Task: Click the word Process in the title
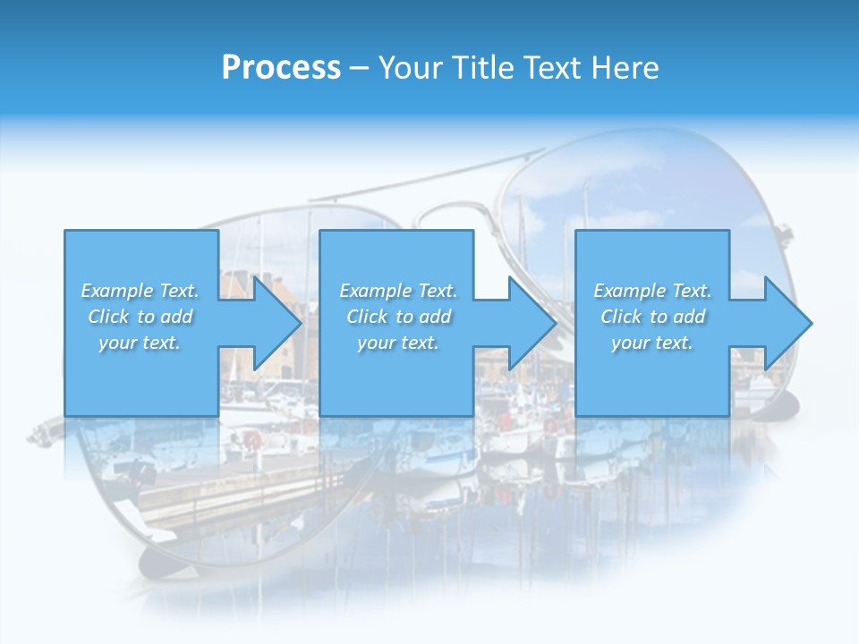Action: (x=281, y=68)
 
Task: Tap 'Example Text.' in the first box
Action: (x=140, y=291)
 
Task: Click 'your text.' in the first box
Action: (x=140, y=343)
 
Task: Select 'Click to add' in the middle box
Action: (x=398, y=317)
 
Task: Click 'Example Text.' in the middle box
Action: (x=398, y=291)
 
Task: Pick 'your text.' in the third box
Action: (x=652, y=343)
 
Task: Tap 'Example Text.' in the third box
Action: (x=652, y=291)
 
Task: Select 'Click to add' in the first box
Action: (x=140, y=317)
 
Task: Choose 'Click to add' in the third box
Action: (x=652, y=317)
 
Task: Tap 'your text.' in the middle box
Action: (x=398, y=343)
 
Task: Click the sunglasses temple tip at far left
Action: (x=40, y=436)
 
